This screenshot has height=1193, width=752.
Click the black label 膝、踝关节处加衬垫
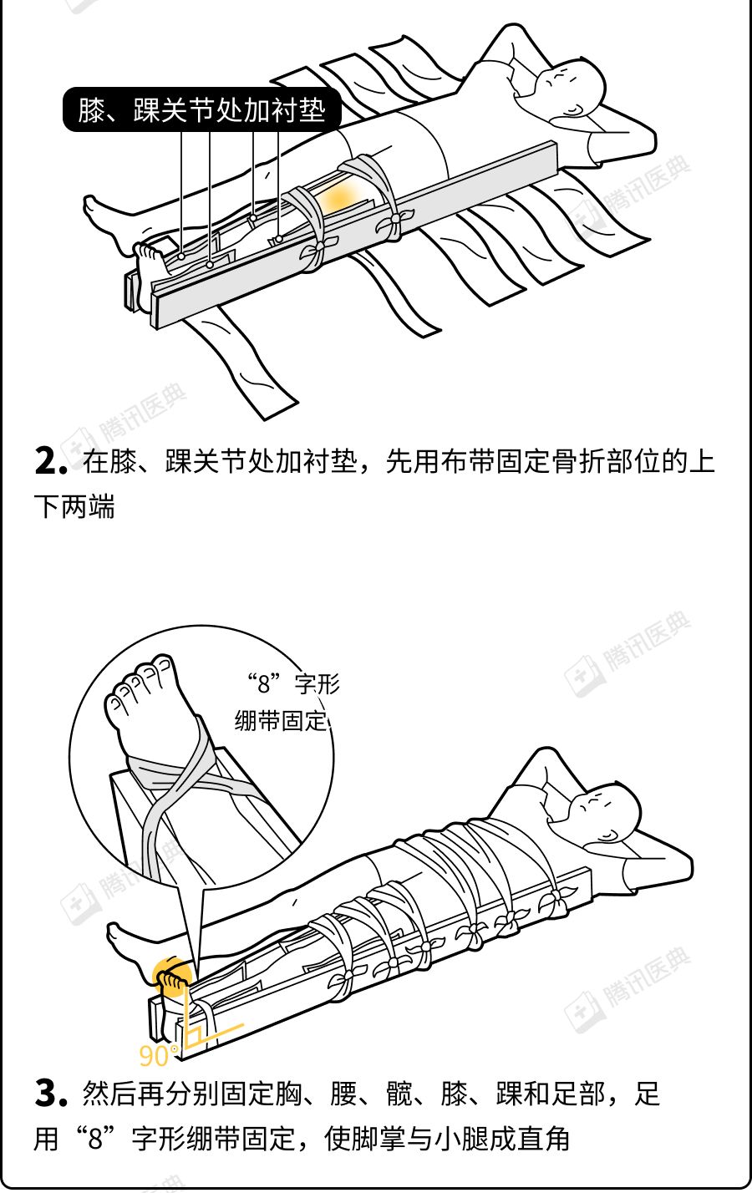click(202, 109)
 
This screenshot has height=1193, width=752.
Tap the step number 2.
click(51, 460)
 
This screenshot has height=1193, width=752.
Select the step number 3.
click(51, 1094)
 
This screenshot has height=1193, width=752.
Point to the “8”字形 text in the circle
click(293, 683)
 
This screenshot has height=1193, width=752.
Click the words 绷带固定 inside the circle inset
click(281, 721)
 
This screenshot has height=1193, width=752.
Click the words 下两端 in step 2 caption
click(74, 506)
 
